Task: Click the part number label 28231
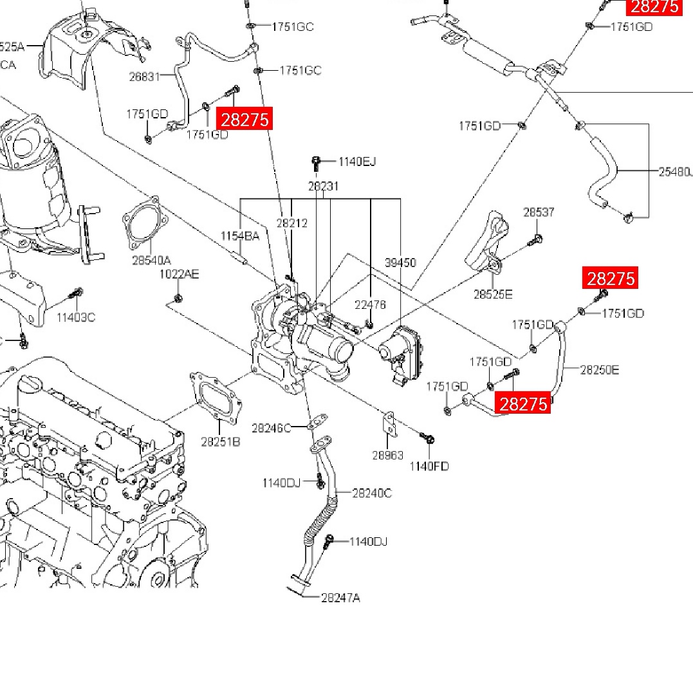click(323, 186)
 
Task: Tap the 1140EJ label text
click(357, 162)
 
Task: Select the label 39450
click(400, 263)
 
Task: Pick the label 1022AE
click(180, 275)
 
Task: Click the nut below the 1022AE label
click(178, 298)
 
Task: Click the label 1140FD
click(429, 466)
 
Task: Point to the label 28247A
click(340, 598)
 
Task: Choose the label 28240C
click(372, 493)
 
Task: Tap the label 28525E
click(493, 295)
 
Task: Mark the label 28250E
click(600, 370)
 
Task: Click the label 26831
click(144, 76)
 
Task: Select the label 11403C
click(75, 317)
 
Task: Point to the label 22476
click(370, 305)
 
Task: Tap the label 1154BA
click(240, 236)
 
